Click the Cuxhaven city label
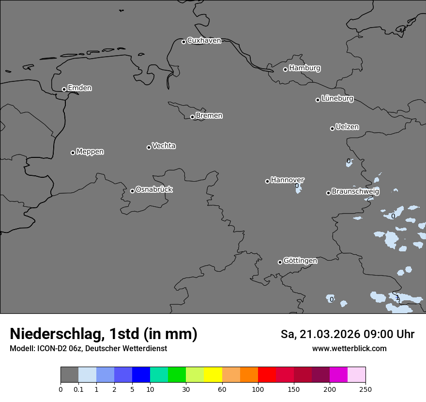coord(204,41)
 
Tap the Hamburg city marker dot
coord(285,69)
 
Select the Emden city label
coord(79,88)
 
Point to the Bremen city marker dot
coord(192,117)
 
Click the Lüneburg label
coord(337,99)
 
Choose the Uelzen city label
coord(347,127)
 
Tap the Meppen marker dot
coord(73,153)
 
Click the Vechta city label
coord(164,146)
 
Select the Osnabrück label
coord(154,189)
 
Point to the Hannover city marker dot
coord(267,181)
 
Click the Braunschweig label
coord(355,192)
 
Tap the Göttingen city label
coord(300,261)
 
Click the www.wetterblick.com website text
coord(349,349)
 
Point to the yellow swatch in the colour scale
coord(213,375)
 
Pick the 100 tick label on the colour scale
coord(258,389)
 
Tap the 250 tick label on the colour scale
coord(365,389)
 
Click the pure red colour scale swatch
coord(267,375)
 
